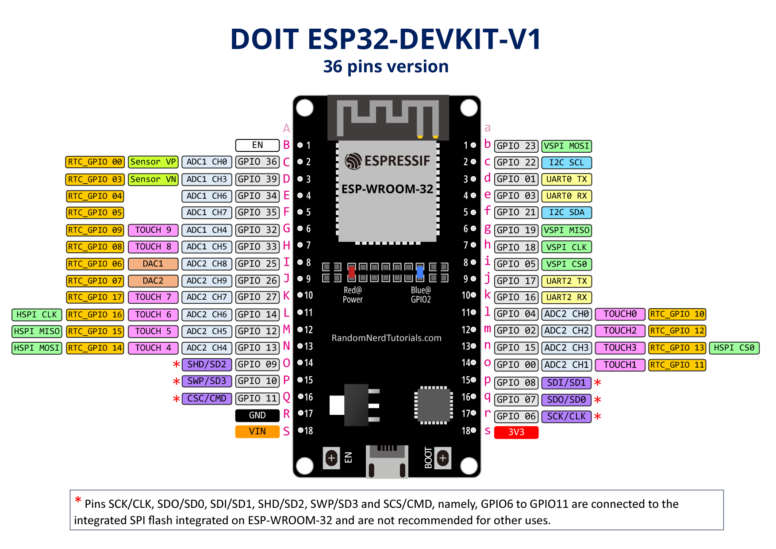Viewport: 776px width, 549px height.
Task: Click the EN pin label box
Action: click(x=257, y=145)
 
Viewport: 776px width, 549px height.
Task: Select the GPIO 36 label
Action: click(x=257, y=162)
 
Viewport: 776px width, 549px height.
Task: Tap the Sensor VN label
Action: click(x=153, y=179)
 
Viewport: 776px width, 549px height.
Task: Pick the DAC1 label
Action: click(x=153, y=264)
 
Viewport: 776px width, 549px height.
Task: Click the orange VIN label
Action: click(x=257, y=432)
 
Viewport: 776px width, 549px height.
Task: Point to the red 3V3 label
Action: click(x=516, y=432)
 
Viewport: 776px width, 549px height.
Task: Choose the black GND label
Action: click(x=257, y=415)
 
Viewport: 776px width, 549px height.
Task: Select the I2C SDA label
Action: click(x=566, y=213)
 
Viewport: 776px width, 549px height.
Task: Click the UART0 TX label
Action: click(x=566, y=179)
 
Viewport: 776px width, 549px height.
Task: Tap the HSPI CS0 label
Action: click(x=734, y=348)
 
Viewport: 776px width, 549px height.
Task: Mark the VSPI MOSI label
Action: click(x=566, y=146)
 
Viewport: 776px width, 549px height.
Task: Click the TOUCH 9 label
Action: click(x=153, y=230)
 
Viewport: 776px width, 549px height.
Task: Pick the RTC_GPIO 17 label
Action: click(x=95, y=297)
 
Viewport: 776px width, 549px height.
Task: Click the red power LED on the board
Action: click(x=351, y=271)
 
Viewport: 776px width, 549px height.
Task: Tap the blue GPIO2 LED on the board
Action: click(x=420, y=271)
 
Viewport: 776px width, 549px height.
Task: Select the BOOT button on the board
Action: click(x=443, y=458)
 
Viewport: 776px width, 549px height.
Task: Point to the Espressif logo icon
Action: click(x=353, y=161)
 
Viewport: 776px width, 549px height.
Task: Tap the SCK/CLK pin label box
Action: click(x=566, y=417)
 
